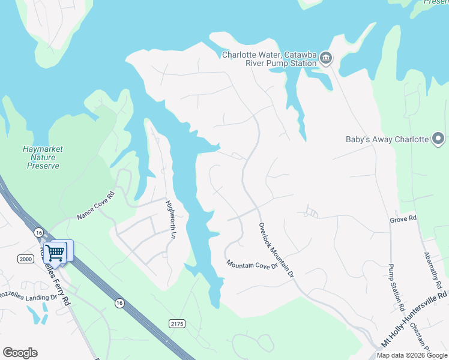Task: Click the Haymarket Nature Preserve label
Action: pos(43,157)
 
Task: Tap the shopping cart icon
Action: pos(55,252)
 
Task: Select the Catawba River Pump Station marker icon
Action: pos(326,58)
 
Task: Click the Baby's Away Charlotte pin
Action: pos(438,140)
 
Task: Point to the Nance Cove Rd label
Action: pos(95,205)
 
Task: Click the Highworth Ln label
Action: pos(170,220)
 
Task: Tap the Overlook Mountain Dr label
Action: pos(276,250)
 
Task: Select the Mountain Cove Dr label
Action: pos(252,264)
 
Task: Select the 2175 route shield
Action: pos(177,323)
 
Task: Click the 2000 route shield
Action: pos(26,259)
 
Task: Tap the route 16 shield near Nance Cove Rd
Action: pos(38,232)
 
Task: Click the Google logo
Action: pos(20,353)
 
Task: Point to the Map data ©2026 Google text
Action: pos(412,355)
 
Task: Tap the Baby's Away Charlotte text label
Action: pos(387,140)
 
